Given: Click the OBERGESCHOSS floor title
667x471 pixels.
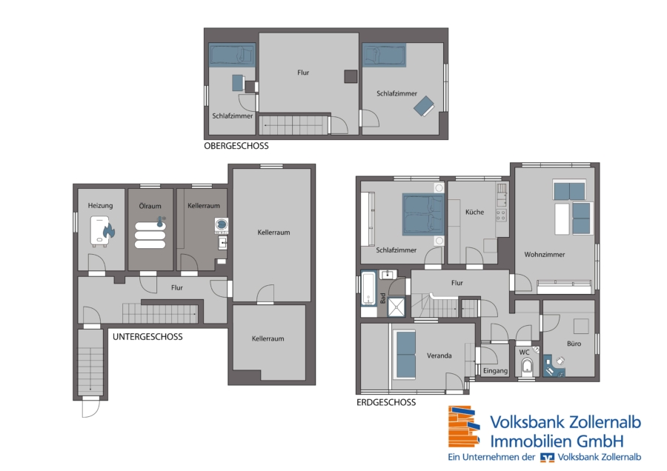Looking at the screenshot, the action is pos(236,146).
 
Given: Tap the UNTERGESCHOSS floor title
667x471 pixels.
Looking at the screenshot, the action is pos(147,337).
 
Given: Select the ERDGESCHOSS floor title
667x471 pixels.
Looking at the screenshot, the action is pos(386,402).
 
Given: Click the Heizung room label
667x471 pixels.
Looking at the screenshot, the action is pos(100,206).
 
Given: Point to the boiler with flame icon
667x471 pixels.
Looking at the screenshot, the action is pos(102,231).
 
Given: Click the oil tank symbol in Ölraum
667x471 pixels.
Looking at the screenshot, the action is pos(150,233).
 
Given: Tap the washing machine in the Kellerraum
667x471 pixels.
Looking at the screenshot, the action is pos(221,225).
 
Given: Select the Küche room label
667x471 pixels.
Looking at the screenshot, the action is pos(475,212).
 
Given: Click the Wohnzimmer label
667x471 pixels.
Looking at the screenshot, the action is pos(545,254).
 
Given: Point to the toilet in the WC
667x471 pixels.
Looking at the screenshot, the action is pos(527,367).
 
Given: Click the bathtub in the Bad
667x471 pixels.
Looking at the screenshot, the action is pos(368,288).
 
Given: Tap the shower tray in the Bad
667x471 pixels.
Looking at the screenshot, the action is pos(396,306).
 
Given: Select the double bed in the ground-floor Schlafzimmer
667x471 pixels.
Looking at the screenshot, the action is pos(423,214).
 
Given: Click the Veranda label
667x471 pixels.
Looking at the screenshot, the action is pos(439,355).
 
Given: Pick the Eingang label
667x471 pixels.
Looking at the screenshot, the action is pos(496,371).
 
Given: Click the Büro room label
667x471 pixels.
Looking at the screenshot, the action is pos(574,344).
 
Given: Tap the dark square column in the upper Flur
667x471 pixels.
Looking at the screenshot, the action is pos(351,76).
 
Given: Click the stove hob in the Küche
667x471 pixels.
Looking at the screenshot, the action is pos(501,215).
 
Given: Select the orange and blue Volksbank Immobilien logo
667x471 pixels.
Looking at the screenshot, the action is pos(464,427).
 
